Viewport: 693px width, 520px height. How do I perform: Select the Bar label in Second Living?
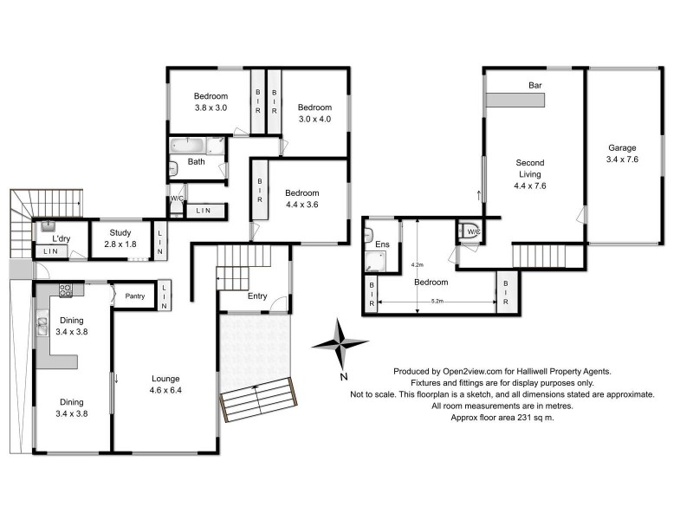534,85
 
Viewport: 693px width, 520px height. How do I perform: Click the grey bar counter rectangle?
515,101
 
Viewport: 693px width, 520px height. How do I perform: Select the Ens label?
382,245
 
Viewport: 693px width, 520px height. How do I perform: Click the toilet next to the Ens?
471,231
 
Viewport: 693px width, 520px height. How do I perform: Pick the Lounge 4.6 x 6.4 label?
165,384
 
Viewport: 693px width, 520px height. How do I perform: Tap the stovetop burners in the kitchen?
65,290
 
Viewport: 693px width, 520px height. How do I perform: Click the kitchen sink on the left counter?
42,327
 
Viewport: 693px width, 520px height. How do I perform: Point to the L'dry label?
61,238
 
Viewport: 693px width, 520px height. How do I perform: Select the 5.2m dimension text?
437,302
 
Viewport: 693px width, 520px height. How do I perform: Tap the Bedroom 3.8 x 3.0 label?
210,102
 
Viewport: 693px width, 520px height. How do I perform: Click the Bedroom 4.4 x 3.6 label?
302,198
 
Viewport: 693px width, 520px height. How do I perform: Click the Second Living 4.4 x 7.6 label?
529,174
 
